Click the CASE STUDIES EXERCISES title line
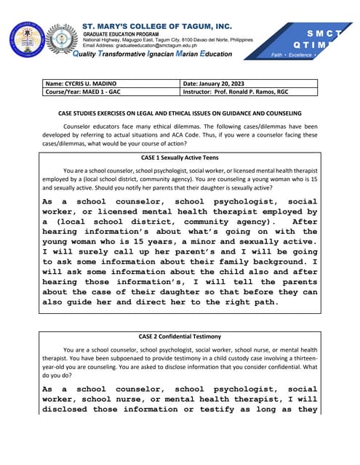click(180, 113)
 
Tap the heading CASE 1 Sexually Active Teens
click(180, 157)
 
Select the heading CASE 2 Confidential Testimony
click(180, 336)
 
